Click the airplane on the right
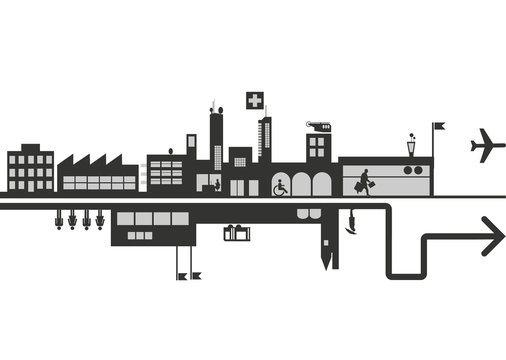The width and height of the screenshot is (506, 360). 487,145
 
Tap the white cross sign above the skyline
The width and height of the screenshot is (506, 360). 255,100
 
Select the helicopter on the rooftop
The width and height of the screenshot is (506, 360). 317,125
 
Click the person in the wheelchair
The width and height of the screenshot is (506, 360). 281,186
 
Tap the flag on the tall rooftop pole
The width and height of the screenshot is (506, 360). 439,126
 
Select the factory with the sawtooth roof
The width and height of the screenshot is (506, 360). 97,174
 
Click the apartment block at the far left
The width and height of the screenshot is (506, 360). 30,170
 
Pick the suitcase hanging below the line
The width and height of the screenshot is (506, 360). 236,233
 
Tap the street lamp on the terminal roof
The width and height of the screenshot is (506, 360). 411,146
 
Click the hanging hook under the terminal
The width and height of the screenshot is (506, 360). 350,224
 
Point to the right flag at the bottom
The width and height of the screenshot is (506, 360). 196,274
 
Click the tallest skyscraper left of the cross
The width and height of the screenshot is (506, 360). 216,140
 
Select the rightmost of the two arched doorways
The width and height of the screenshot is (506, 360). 321,184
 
